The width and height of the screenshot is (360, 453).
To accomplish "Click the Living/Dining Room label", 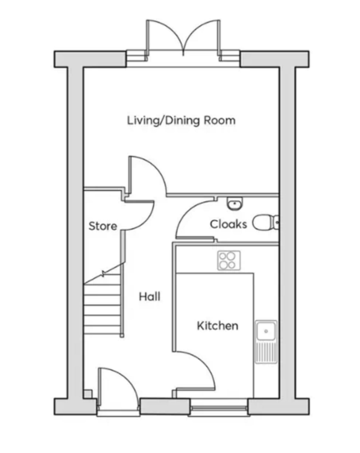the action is (181, 120).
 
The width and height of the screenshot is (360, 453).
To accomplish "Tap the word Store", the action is (103, 226).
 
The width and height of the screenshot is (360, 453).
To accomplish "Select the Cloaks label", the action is (228, 224).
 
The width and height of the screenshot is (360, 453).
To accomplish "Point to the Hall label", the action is (149, 297).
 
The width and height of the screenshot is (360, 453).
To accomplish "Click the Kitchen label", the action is (218, 326).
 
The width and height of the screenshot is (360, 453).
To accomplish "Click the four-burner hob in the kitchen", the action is (229, 260).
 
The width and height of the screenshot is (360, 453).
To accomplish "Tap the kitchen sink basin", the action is (266, 331).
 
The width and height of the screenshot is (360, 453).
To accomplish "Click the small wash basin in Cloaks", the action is (235, 203).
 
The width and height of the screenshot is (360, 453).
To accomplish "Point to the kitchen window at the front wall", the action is (219, 408).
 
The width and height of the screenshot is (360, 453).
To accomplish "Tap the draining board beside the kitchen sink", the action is (266, 352).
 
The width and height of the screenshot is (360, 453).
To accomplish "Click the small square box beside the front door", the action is (88, 394).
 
